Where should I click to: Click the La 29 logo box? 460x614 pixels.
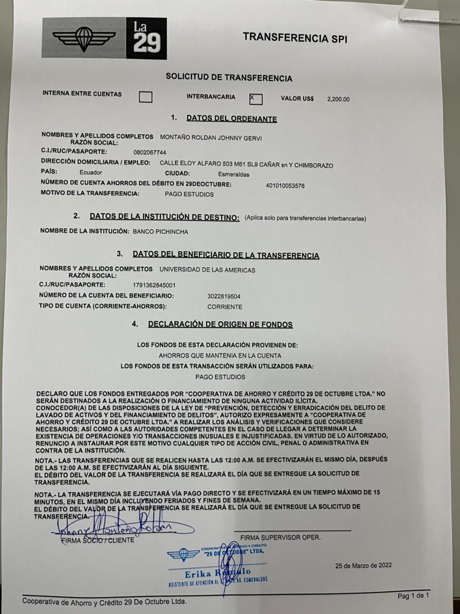[x=146, y=39]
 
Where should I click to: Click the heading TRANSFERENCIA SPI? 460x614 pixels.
[x=295, y=37]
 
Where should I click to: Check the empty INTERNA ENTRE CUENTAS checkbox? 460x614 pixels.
[x=145, y=97]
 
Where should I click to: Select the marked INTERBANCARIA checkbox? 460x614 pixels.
[x=256, y=99]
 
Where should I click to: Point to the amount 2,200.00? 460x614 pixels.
[x=338, y=99]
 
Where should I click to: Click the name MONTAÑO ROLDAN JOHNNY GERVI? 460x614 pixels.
[x=211, y=139]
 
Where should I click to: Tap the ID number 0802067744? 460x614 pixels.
[x=150, y=152]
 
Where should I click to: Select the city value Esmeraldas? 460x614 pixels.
[x=233, y=175]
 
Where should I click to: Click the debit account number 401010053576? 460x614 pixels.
[x=285, y=186]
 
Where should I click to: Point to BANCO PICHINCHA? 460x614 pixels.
[x=160, y=232]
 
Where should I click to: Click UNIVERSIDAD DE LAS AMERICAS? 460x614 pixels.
[x=207, y=270]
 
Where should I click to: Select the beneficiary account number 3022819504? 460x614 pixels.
[x=224, y=296]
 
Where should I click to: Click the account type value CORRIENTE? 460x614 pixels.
[x=225, y=307]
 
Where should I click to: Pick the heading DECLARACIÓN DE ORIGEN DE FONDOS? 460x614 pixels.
[x=220, y=325]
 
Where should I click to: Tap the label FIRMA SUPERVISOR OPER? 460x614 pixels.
[x=280, y=538]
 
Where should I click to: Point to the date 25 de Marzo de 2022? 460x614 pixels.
[x=363, y=565]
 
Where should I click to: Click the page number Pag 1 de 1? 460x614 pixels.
[x=413, y=596]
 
